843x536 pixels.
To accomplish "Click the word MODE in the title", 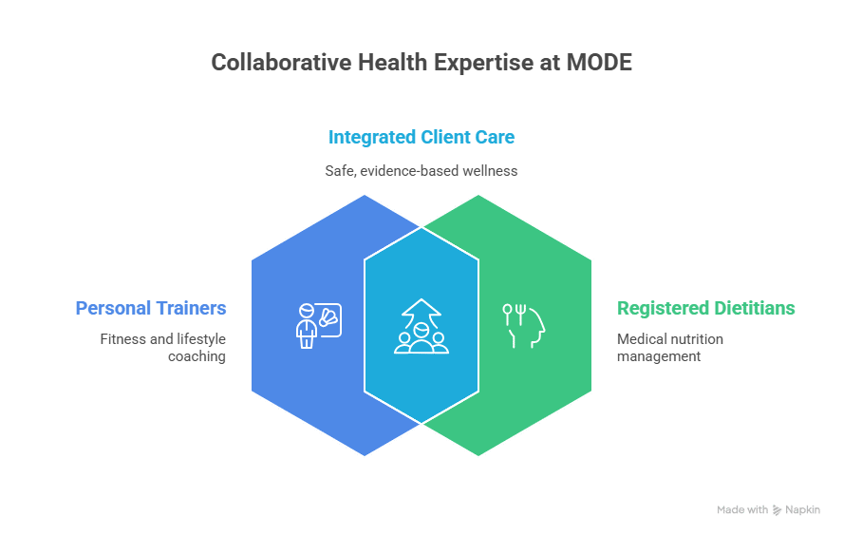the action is pos(599,63).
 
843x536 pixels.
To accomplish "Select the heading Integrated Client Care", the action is pos(421,137).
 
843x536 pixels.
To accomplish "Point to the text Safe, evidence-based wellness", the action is pos(421,171).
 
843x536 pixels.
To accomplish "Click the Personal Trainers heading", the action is pos(151,308).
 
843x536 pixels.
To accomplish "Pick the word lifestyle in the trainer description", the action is pos(201,339).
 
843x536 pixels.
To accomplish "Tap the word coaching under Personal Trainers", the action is pos(197,356).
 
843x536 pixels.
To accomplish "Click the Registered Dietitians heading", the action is pos(706,308).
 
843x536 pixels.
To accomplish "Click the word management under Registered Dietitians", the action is pos(659,356).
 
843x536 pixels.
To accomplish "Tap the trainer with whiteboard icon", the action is pos(319,326).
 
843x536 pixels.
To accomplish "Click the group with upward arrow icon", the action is pos(421,326).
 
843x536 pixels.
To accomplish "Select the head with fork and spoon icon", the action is pos(524,326).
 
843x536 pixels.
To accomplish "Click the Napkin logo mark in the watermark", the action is pos(777,510).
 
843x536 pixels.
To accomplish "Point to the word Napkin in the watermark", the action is pos(803,509).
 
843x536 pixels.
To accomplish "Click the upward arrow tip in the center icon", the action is pos(421,299).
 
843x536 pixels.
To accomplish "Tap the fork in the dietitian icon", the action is pos(520,315).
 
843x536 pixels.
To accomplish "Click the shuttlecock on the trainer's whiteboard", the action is pos(328,318).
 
